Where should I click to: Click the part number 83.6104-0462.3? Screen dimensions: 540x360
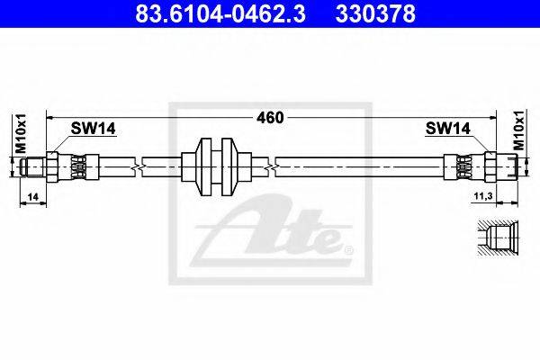click(220, 13)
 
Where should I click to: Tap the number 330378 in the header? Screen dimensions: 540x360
click(375, 13)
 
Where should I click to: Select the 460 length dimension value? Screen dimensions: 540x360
click(270, 118)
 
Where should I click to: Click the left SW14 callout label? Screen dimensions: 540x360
click(93, 128)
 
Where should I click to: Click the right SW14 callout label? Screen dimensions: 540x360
click(447, 128)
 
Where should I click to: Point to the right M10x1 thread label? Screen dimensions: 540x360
click(519, 130)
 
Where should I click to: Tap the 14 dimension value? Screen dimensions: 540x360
click(32, 197)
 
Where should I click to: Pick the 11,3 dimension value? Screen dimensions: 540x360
click(483, 196)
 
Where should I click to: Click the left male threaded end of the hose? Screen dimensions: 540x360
click(32, 167)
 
